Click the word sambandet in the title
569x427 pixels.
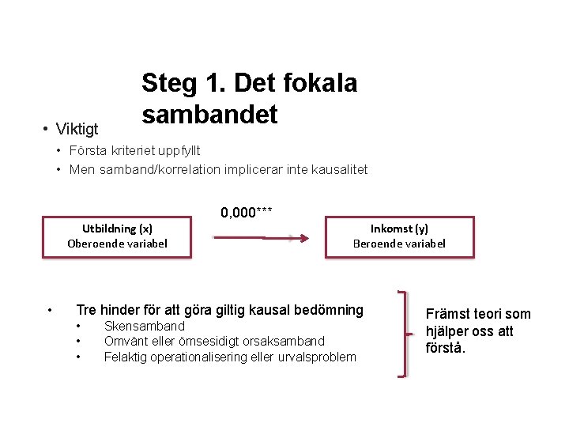coord(209,115)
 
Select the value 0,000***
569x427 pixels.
coord(247,212)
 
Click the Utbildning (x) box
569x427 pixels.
coord(118,236)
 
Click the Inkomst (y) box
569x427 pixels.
coord(399,236)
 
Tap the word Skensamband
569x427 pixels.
coord(144,327)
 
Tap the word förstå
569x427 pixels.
coord(446,348)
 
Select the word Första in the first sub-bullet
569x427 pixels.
coord(89,150)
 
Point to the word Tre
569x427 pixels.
coord(85,310)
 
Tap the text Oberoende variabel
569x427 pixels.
coord(118,244)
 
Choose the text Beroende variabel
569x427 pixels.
coord(399,244)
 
